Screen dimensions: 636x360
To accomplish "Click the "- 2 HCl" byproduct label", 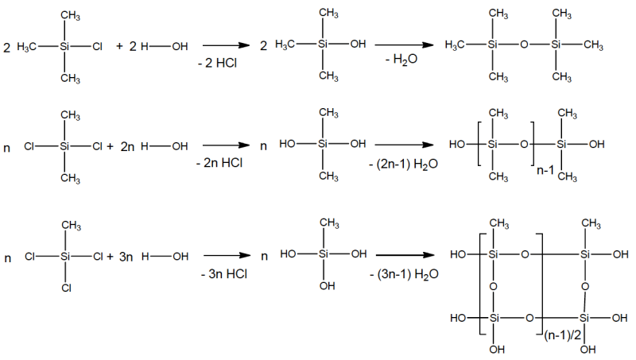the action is (217, 63).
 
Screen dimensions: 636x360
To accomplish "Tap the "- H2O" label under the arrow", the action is (401, 60).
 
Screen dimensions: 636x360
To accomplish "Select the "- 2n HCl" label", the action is (219, 163).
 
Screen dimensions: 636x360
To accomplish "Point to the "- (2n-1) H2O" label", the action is (403, 165).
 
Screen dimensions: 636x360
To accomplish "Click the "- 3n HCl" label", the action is (224, 274).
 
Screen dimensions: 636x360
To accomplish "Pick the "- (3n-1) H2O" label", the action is (404, 274).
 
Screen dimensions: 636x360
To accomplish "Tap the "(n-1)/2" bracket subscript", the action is (563, 335).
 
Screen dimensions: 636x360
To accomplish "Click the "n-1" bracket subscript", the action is (545, 170).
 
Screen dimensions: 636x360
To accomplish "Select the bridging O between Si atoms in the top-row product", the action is (524, 45).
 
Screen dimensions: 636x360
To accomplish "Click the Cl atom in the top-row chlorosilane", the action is (97, 47).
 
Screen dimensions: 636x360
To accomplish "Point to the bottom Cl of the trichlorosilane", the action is (67, 288).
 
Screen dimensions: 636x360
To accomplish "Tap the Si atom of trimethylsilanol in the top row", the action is (323, 44).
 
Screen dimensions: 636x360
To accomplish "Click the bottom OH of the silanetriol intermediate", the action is (327, 286).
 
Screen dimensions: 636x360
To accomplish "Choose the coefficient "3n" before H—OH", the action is (126, 257).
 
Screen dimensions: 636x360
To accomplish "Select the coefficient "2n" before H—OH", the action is (127, 146).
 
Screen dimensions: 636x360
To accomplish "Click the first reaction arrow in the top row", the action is (226, 45).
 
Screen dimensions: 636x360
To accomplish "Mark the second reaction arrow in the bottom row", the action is (405, 255).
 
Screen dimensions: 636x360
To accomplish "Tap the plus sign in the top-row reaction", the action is (119, 46).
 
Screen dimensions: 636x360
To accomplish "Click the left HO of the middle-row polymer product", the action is (457, 144).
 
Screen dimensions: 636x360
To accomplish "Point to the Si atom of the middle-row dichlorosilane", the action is (65, 146).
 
